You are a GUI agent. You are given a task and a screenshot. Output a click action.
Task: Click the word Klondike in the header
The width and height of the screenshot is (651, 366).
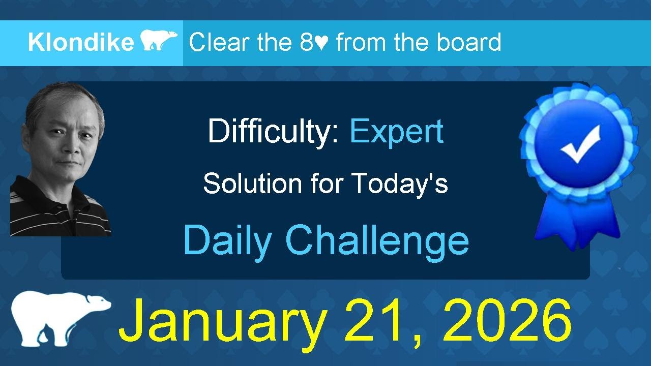click(x=80, y=43)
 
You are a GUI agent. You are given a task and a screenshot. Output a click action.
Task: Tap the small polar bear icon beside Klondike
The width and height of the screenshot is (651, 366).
click(x=158, y=41)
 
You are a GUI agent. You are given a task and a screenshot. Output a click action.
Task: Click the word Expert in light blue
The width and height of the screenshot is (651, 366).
click(x=396, y=132)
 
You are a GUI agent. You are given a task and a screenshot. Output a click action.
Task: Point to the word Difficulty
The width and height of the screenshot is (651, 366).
click(x=274, y=132)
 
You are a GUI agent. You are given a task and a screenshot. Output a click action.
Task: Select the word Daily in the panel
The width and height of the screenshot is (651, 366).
click(x=227, y=240)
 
